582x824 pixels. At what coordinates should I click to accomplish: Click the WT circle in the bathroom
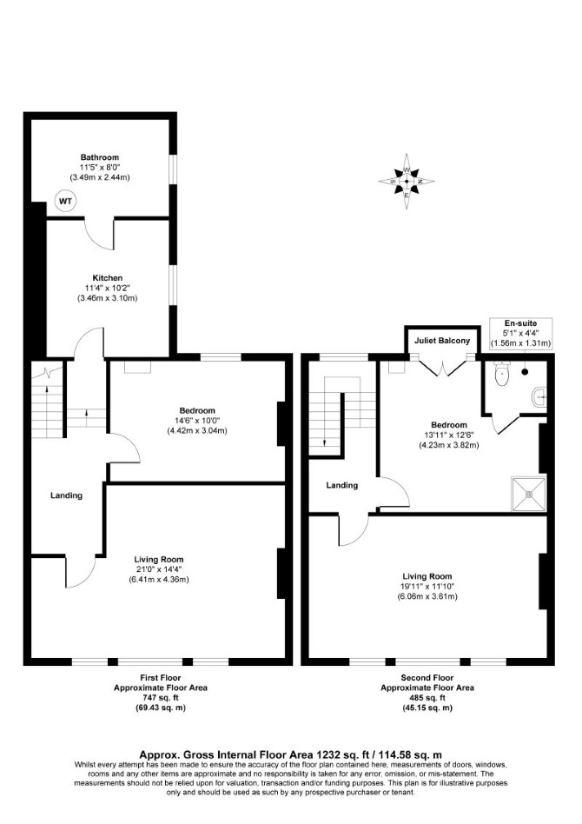tap(66, 202)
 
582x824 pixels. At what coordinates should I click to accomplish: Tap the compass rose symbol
tap(407, 182)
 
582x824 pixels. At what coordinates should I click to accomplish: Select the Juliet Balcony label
tap(442, 341)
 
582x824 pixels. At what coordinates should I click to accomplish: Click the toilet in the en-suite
tap(501, 374)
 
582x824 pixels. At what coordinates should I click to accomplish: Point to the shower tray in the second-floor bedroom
tap(529, 494)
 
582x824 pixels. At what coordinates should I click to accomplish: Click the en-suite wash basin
tap(540, 397)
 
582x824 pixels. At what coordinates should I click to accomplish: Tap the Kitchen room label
tap(108, 278)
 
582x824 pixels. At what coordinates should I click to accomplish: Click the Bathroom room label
tap(100, 157)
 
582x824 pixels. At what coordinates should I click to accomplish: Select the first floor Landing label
tap(66, 495)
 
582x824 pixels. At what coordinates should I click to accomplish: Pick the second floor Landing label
tap(342, 486)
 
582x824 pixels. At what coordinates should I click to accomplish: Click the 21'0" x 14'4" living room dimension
tap(159, 569)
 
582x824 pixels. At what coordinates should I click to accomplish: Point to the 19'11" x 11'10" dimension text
tap(427, 587)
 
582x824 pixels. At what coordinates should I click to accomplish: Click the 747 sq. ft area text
tap(161, 698)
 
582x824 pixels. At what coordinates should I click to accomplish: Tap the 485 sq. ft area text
tap(427, 698)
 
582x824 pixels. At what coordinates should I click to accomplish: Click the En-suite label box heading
tap(520, 323)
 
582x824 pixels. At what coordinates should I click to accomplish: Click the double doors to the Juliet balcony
tap(443, 367)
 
